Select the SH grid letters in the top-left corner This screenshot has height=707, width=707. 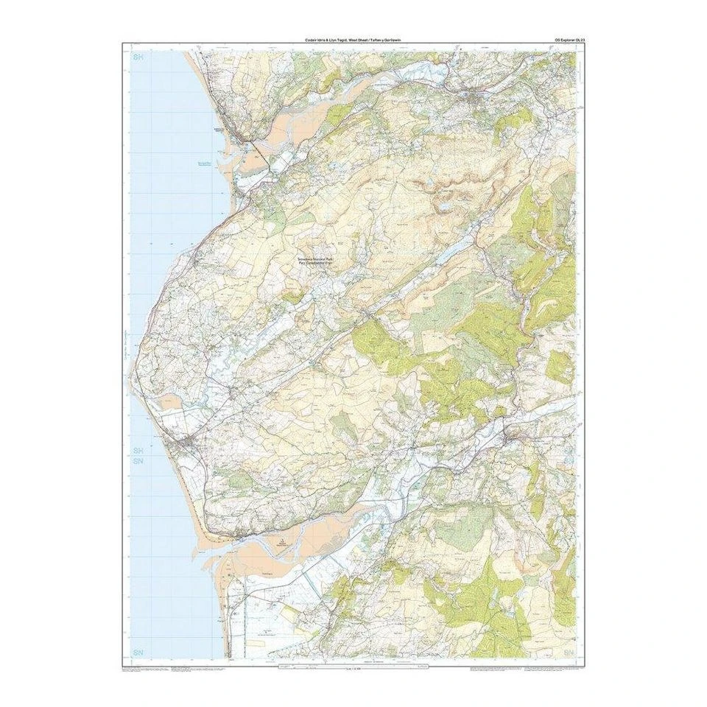pyautogui.click(x=137, y=57)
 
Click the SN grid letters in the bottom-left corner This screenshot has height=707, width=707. pyautogui.click(x=138, y=653)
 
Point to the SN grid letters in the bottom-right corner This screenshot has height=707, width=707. pyautogui.click(x=568, y=653)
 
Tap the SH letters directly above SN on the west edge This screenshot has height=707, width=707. pyautogui.click(x=138, y=449)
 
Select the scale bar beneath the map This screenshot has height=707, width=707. pyautogui.click(x=349, y=666)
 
